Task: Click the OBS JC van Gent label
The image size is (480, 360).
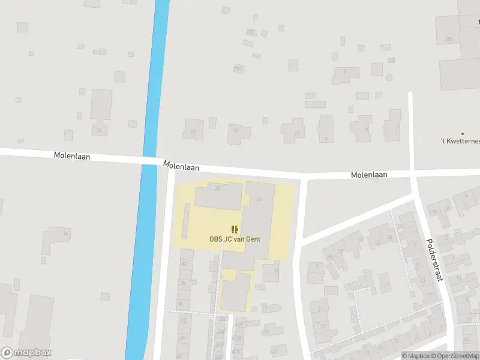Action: pyautogui.click(x=235, y=239)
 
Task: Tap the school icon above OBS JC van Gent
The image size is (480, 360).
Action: pyautogui.click(x=235, y=229)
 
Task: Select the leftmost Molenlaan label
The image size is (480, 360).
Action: pyautogui.click(x=72, y=155)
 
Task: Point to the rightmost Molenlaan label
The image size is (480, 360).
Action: pyautogui.click(x=369, y=175)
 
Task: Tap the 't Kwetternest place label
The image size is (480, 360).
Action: pyautogui.click(x=460, y=141)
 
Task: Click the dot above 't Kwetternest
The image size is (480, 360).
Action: pyautogui.click(x=462, y=133)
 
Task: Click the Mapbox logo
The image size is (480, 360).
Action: pyautogui.click(x=26, y=353)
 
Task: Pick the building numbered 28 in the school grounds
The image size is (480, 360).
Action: pyautogui.click(x=218, y=196)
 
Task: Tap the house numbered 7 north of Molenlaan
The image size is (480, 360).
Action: pyautogui.click(x=345, y=75)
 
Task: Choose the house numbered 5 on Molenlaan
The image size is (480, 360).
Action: pyautogui.click(x=362, y=127)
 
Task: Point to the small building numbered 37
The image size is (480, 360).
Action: pyautogui.click(x=391, y=60)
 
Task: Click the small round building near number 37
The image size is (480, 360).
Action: pyautogui.click(x=389, y=77)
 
